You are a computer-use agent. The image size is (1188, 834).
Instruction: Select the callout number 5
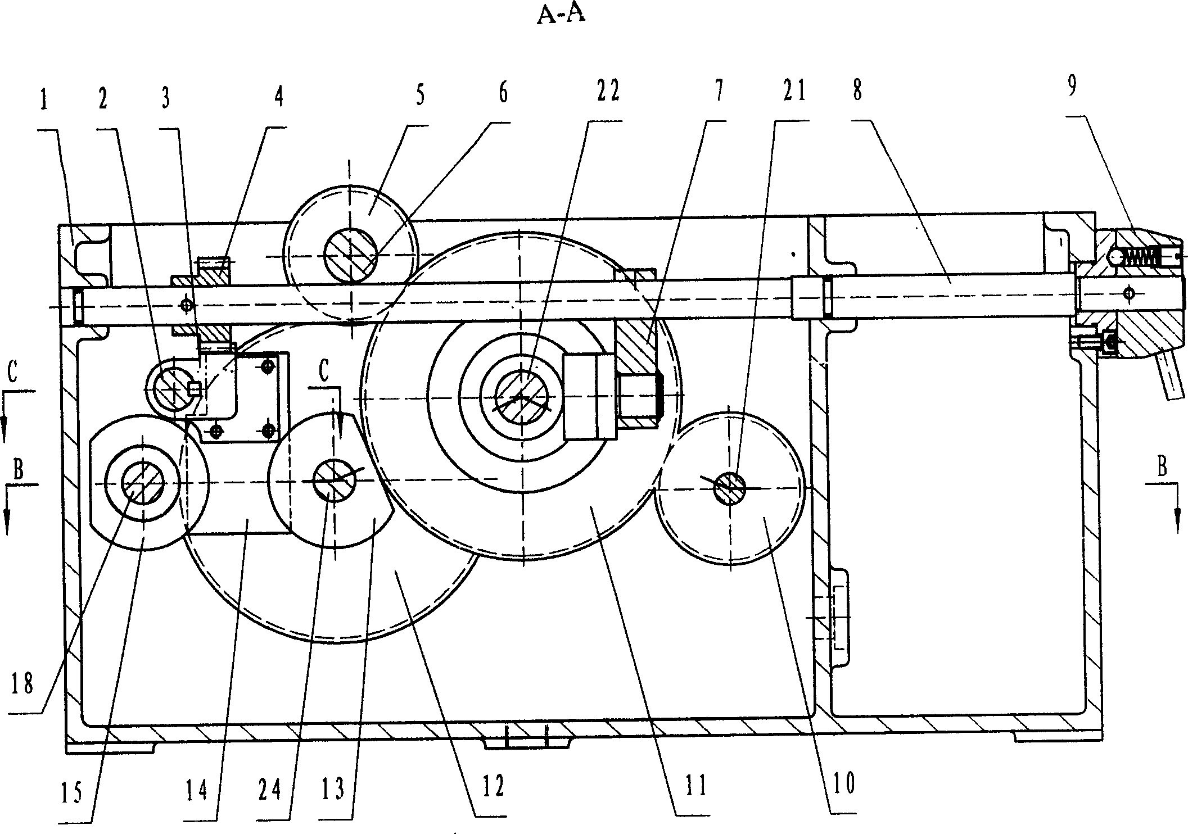[420, 93]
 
